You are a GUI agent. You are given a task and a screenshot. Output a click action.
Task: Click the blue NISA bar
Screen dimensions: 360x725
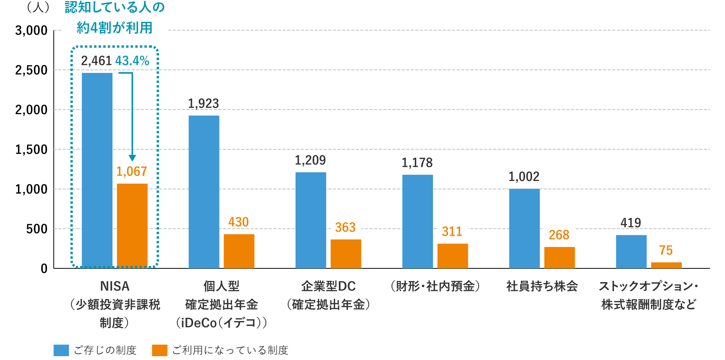97,170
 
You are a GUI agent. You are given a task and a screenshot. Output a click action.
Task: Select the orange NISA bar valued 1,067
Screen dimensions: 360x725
132,226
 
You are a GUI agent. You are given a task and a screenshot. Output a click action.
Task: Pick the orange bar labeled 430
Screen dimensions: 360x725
239,251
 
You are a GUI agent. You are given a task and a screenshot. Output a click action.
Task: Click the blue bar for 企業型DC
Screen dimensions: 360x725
311,220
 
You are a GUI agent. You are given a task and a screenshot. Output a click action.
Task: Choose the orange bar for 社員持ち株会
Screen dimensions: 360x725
559,257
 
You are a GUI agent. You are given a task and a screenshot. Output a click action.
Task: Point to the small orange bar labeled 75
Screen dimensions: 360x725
666,265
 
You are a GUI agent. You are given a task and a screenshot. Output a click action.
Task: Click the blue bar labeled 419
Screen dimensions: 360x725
631,251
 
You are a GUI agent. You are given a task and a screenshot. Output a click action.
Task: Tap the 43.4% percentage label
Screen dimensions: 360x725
132,61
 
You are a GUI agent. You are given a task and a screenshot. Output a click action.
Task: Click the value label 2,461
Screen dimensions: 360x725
96,61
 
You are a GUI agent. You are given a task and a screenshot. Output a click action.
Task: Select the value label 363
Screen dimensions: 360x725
345,228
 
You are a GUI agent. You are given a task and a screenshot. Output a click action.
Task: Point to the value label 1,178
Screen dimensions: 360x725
417,163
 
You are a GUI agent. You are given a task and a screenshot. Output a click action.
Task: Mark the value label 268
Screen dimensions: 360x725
559,235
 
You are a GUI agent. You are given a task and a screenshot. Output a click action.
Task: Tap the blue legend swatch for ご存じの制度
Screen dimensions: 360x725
61,350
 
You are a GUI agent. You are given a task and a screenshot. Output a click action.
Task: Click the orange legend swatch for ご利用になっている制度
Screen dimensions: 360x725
159,350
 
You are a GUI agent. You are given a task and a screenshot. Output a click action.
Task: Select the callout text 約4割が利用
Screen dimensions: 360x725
114,27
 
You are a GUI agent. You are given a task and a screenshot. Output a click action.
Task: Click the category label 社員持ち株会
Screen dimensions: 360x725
542,286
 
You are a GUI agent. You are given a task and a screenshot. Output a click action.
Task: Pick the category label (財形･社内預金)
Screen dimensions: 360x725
435,286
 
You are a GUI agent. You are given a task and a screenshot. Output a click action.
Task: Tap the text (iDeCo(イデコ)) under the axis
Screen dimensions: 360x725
221,323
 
